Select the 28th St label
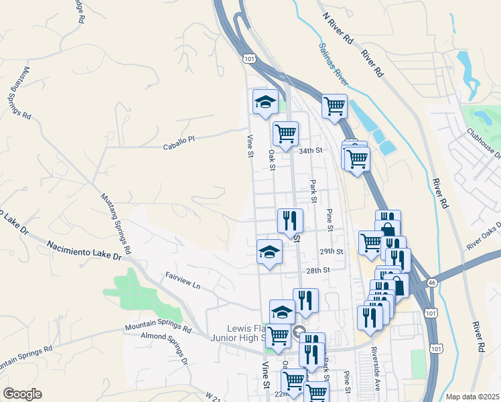click(319, 270)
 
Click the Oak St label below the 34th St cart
click(272, 160)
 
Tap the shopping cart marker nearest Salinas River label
click(334, 105)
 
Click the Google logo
click(22, 394)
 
